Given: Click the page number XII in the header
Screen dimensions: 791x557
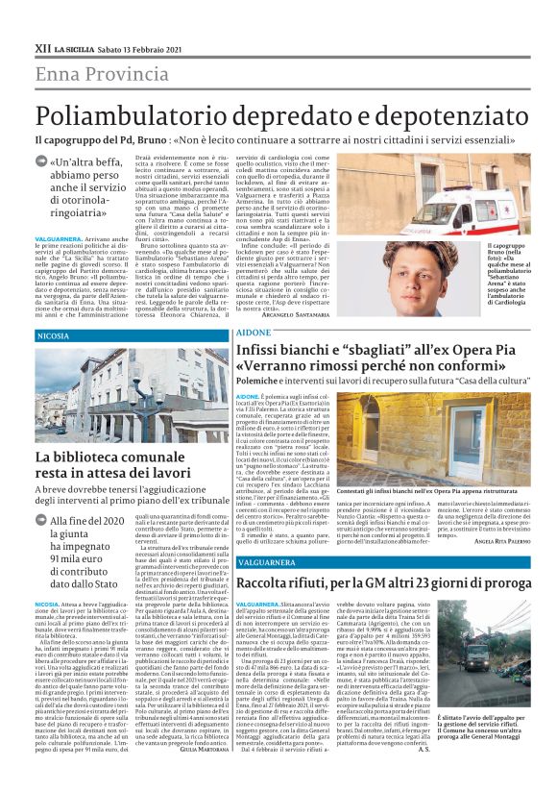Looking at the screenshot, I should (x=42, y=45).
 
